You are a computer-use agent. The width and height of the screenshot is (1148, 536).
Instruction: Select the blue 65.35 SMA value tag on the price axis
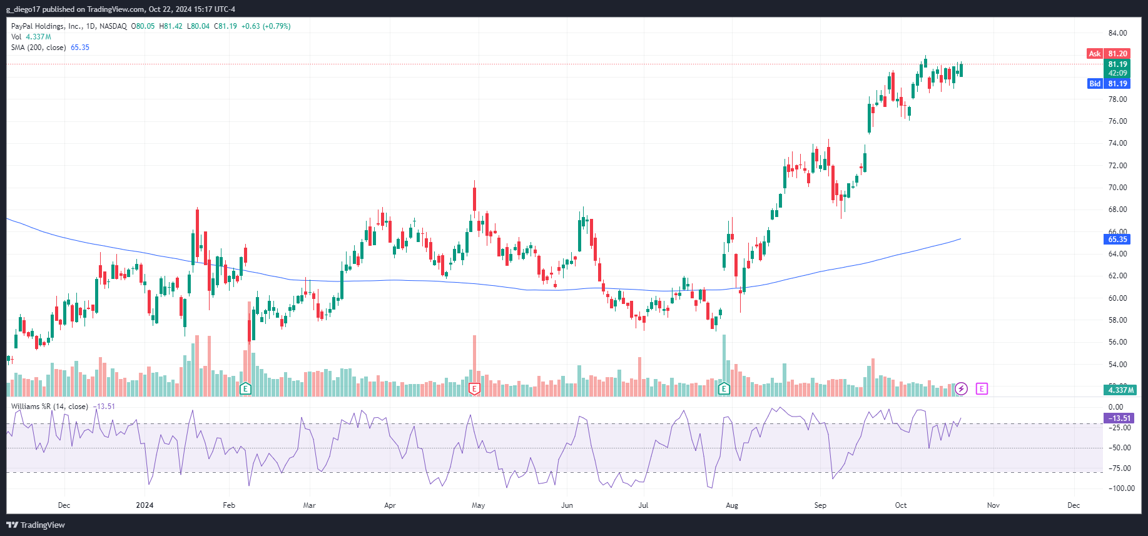1117,240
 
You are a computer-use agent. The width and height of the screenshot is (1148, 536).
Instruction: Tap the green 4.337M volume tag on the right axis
1120,390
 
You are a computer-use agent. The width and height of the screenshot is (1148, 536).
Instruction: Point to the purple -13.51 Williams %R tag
1119,418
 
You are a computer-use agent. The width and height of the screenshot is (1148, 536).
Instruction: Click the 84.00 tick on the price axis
1117,33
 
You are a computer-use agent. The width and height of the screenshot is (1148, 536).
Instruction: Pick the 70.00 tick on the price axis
1117,188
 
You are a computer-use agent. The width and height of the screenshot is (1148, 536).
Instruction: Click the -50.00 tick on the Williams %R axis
1119,448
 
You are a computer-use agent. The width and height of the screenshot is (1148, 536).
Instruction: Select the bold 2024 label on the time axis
145,505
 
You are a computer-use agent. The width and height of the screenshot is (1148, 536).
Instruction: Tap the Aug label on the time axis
731,505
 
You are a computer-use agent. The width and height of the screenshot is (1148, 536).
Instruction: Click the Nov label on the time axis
993,505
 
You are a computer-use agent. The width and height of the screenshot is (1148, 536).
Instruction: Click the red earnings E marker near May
474,389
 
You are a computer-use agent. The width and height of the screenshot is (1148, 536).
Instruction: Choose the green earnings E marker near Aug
724,389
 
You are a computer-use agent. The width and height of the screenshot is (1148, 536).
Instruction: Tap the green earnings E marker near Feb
245,389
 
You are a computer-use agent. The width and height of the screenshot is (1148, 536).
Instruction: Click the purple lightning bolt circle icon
962,389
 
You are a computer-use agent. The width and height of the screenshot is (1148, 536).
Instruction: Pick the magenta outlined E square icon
982,389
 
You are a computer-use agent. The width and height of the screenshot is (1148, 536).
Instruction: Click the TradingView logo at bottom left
36,525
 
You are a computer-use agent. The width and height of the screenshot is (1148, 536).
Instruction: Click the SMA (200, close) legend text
38,48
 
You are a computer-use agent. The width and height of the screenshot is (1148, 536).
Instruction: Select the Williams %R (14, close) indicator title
49,407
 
